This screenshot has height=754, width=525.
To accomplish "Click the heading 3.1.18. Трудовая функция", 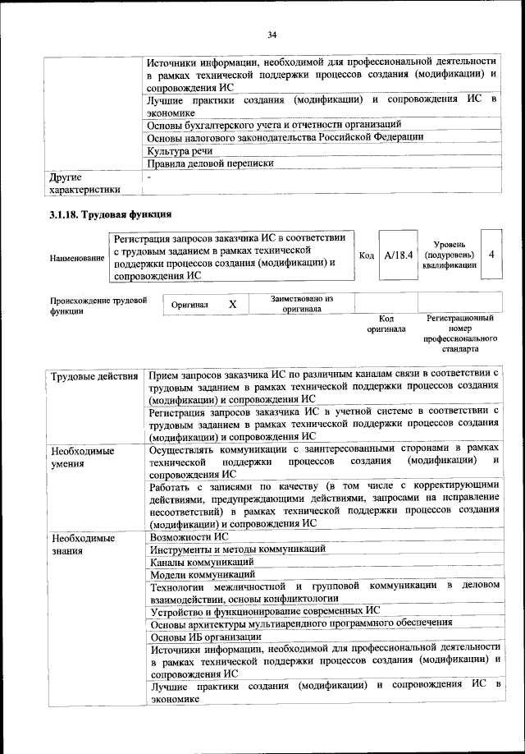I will [x=110, y=215].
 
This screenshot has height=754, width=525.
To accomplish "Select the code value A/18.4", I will [x=398, y=255].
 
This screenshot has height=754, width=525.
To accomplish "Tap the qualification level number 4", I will [x=491, y=255].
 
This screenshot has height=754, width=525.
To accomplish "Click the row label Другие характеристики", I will [x=84, y=183].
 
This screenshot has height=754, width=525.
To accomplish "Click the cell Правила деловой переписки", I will [x=210, y=164].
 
